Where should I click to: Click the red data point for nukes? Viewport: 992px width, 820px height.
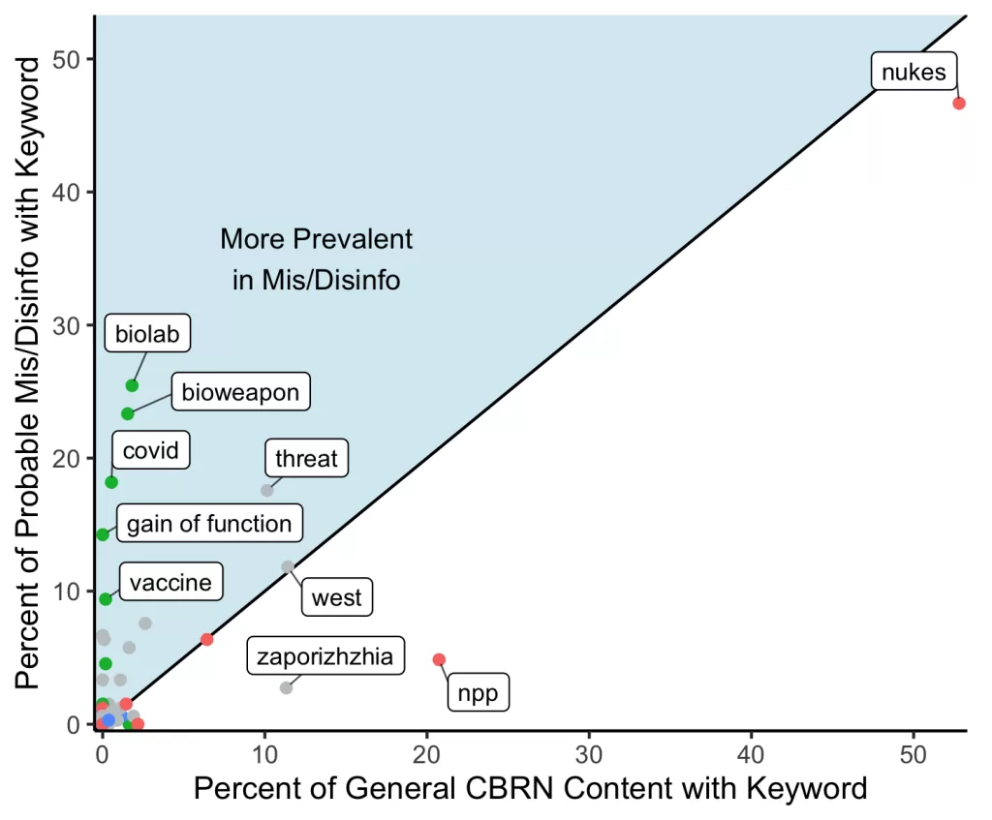point(959,104)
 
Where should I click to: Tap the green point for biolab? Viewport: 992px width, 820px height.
point(133,385)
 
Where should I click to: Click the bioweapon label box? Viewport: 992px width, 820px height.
point(240,393)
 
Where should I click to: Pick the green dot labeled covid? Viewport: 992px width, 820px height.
point(111,482)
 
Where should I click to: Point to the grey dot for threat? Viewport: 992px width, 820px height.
point(267,490)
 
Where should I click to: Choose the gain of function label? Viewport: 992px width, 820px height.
point(209,524)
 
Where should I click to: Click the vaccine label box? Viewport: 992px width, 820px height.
point(170,583)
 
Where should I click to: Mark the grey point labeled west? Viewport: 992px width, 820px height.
point(288,566)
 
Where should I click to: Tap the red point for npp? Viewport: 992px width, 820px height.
point(439,659)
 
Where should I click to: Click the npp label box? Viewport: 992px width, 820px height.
point(478,693)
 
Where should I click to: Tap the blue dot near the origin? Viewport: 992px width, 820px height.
point(108,720)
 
